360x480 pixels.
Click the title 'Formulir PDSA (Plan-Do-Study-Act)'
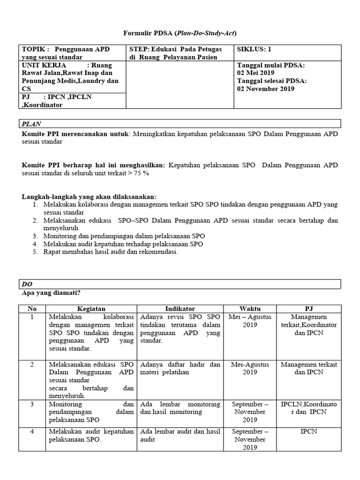180,33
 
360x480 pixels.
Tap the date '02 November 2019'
266,89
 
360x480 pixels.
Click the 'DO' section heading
27,285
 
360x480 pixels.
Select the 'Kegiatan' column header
91,309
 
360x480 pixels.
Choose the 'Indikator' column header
180,309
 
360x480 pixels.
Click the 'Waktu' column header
250,309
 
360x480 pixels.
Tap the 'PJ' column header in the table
309,309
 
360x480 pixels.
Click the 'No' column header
32,309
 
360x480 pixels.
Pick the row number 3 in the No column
32,404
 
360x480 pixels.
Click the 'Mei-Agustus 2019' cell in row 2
250,368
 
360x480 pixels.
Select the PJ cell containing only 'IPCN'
309,431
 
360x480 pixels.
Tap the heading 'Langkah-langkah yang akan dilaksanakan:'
90,196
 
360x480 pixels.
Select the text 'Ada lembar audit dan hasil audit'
180,435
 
